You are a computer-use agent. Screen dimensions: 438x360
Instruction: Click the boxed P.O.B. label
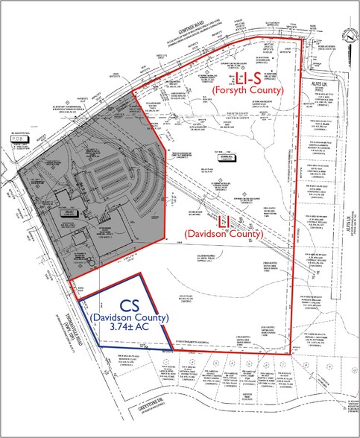tap(19, 137)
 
